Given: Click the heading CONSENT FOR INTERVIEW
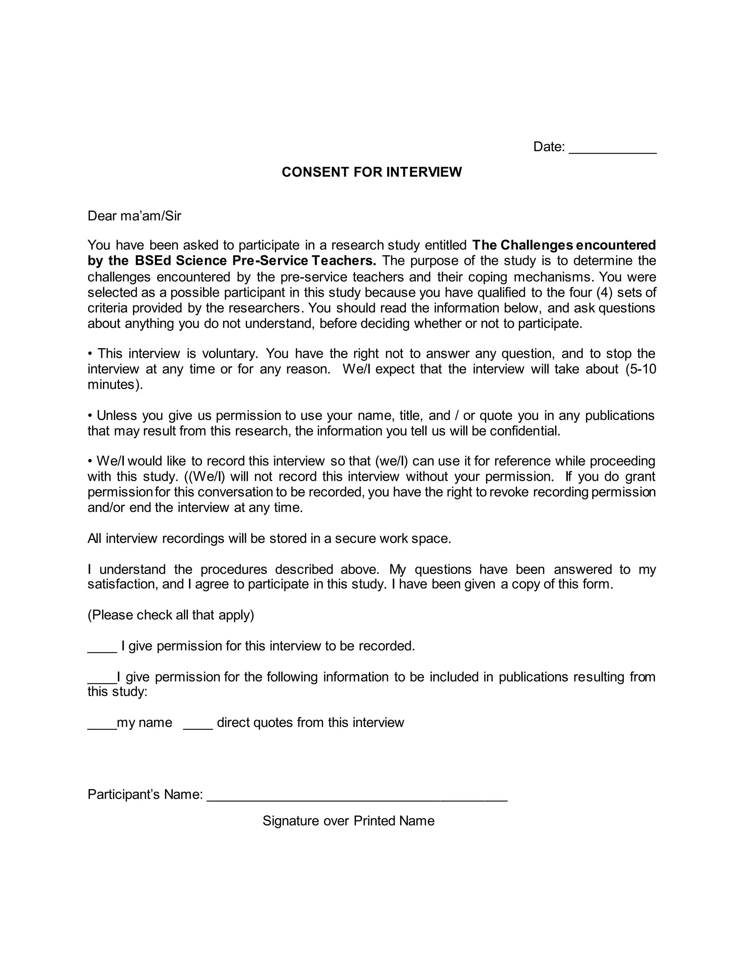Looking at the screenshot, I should pyautogui.click(x=371, y=172).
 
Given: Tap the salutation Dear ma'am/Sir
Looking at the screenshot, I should pyautogui.click(x=134, y=216).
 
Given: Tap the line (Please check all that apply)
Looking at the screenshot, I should pyautogui.click(x=171, y=615).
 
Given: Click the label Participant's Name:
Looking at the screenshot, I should pyautogui.click(x=145, y=794).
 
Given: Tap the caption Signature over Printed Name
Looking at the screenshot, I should pyautogui.click(x=348, y=821).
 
